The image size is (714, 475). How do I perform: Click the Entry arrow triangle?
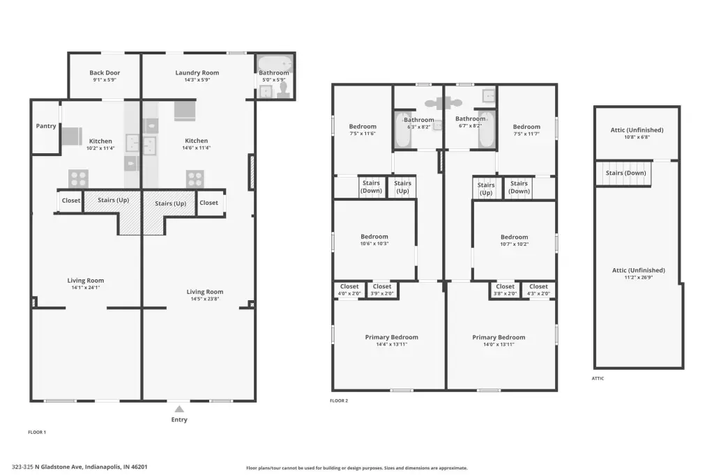179,409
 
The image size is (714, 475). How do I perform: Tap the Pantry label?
46,126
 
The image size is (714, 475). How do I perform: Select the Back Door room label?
105,72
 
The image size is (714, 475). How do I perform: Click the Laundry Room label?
197,72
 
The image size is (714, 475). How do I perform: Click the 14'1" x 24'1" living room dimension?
86,288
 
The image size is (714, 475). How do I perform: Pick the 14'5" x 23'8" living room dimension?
205,299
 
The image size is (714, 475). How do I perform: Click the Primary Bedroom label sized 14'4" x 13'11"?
392,337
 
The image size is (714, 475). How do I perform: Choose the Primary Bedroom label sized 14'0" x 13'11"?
499,337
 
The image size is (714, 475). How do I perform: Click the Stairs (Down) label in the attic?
625,173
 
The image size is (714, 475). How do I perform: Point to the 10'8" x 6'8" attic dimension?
637,137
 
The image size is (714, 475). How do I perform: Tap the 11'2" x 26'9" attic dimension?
639,277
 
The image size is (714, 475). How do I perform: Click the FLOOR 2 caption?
339,401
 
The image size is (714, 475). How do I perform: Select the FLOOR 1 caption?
37,433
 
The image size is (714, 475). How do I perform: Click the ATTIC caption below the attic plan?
598,379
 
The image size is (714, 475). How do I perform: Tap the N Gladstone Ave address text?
79,467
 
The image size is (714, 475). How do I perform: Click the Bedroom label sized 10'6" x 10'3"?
374,237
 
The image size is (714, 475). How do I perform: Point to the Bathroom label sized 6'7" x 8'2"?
471,118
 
